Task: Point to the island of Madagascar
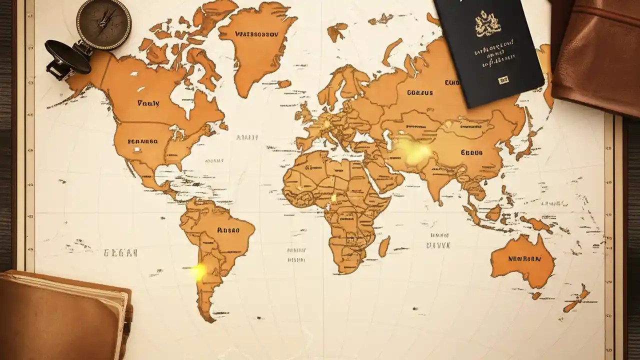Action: coord(384,246)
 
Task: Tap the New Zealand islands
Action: coord(578,299)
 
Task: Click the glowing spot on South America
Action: coord(198,271)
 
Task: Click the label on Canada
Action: coord(148,103)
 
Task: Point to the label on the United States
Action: coord(142,141)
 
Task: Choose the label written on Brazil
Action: coord(228,230)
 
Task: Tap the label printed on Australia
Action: coord(524,259)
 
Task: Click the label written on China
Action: coord(471,152)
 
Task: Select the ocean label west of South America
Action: coord(120,253)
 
